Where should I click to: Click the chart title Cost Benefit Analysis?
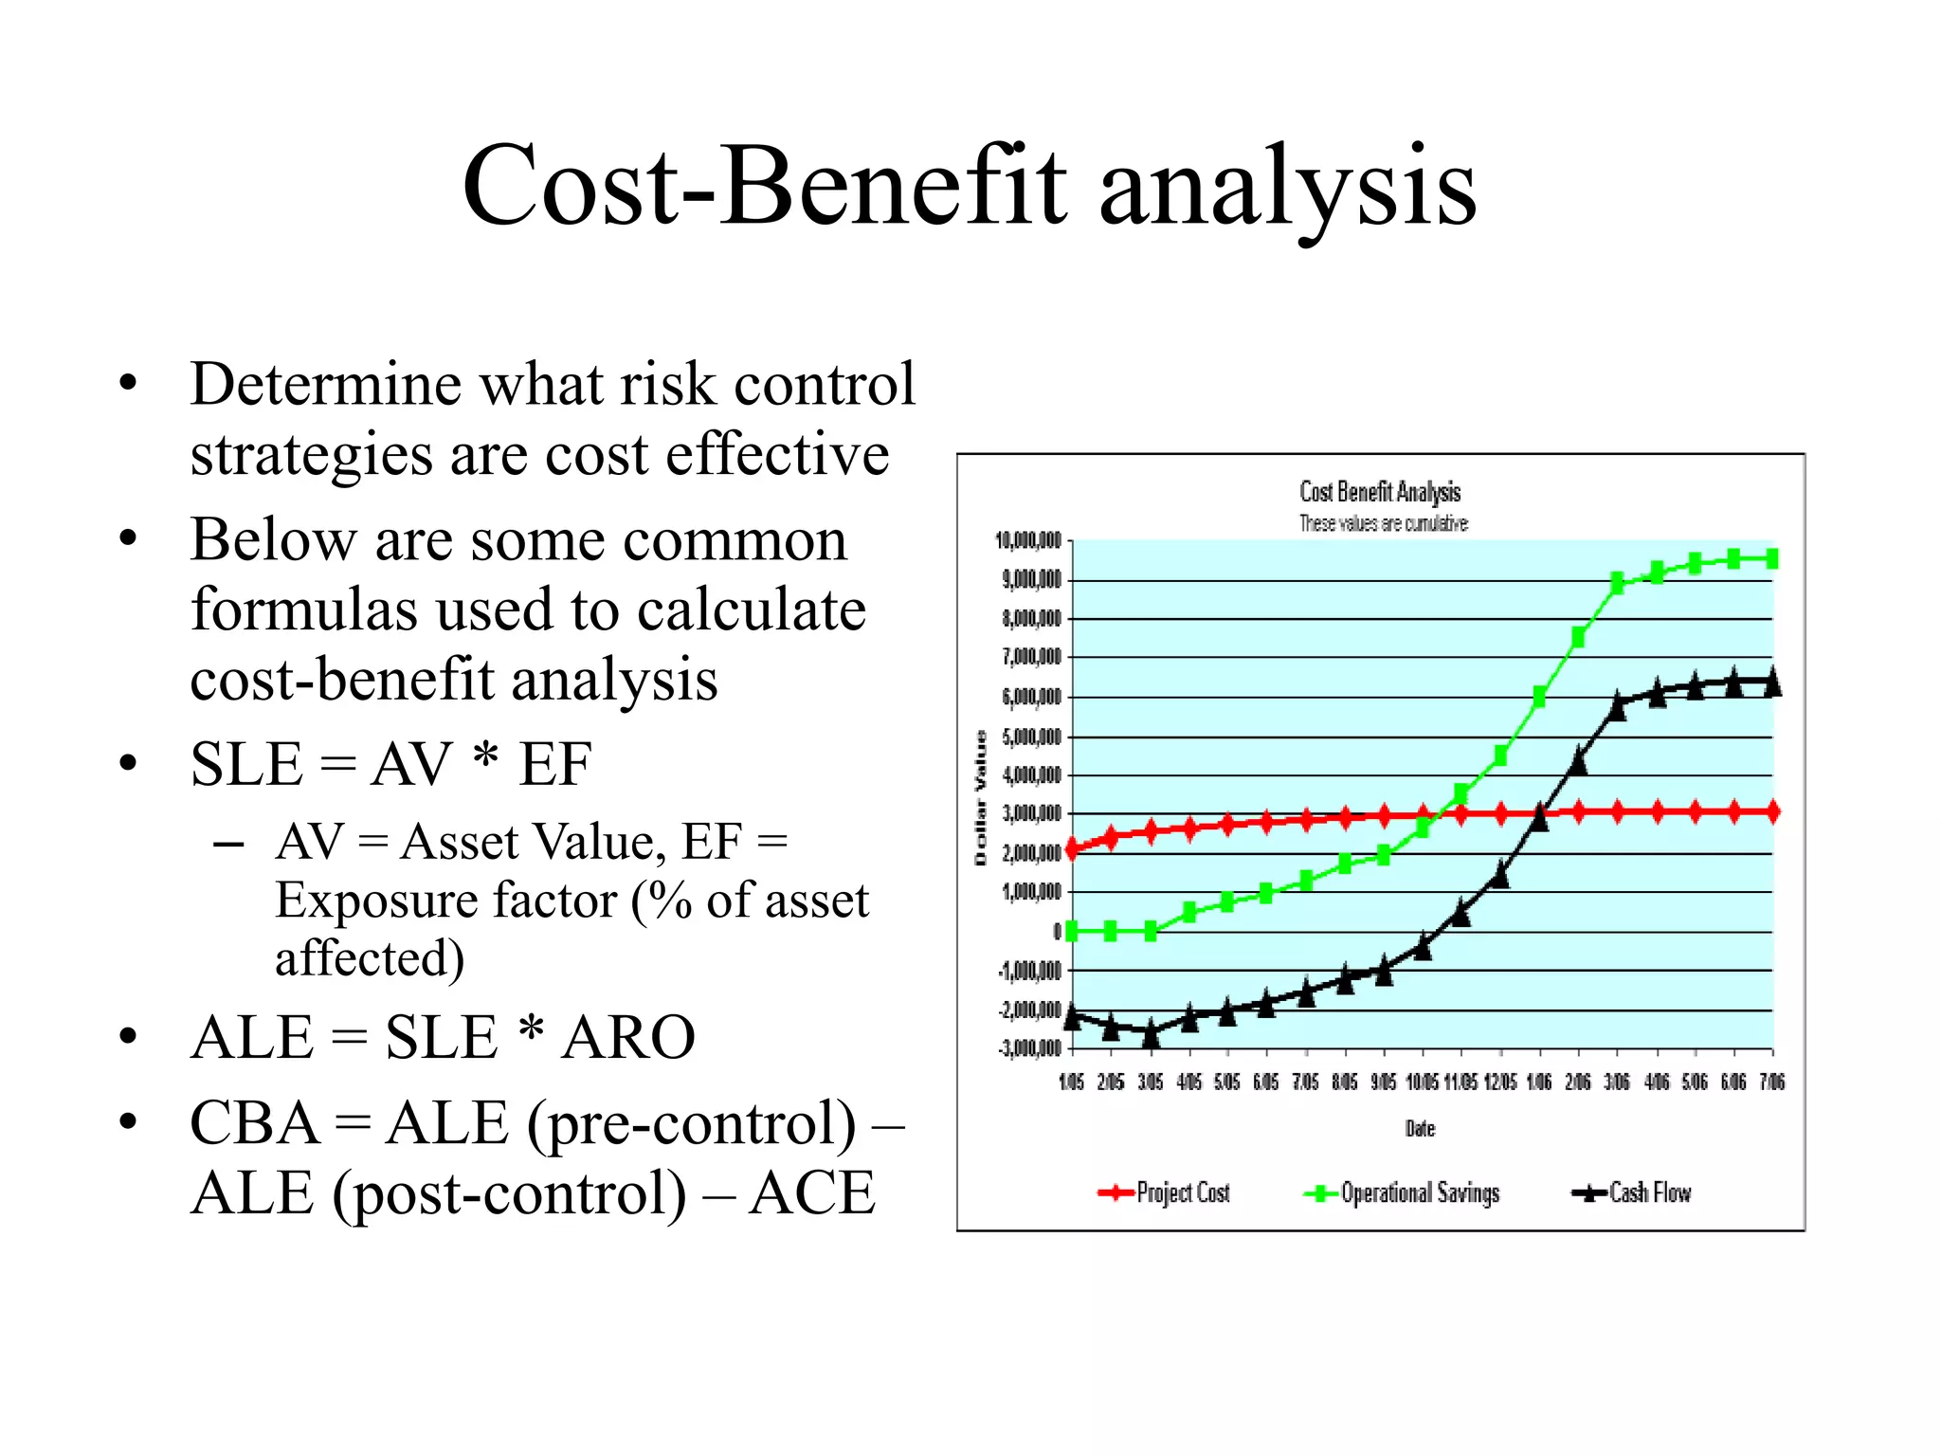pos(1380,492)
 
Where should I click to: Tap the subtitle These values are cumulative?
pos(1383,523)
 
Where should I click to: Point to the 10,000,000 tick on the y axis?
pos(1028,541)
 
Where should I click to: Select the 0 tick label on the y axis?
pos(1057,932)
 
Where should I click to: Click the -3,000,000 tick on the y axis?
pos(1029,1048)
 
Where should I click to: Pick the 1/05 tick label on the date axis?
pos(1072,1083)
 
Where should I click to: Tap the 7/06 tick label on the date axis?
pos(1772,1083)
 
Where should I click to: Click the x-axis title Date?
pos(1420,1129)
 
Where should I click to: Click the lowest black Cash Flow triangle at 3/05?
pos(1151,1035)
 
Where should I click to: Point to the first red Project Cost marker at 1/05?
pos(1072,849)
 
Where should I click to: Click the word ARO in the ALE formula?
pos(628,1037)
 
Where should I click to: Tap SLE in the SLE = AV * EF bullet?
pos(246,764)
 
